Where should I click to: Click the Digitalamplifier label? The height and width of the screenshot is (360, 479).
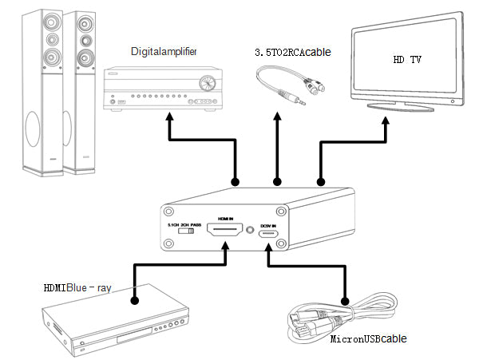click(x=163, y=51)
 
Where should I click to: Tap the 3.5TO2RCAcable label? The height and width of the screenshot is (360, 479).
click(x=292, y=52)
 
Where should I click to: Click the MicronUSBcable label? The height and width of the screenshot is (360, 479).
click(x=368, y=339)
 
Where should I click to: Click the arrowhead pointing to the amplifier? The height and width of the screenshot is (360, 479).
click(x=169, y=118)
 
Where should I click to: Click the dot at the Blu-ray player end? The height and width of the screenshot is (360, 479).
click(x=135, y=301)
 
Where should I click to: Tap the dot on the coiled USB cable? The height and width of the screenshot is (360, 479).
click(x=346, y=301)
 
